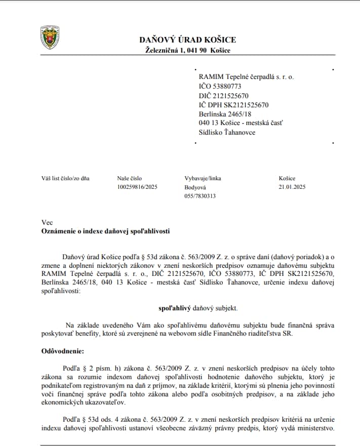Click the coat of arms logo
50,37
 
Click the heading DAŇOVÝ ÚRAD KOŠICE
188,40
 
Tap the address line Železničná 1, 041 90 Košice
187,50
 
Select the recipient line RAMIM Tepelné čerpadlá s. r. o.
246,76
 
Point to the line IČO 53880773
220,86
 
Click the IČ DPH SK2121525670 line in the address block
233,105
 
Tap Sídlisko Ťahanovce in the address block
227,133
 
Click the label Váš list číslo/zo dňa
65,178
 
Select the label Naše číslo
130,178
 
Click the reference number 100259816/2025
137,187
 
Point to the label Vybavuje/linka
203,178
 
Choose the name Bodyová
195,187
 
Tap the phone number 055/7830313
200,196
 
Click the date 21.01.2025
292,187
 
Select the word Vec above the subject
47,222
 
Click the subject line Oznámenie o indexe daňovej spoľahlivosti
105,231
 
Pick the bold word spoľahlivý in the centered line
174,307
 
